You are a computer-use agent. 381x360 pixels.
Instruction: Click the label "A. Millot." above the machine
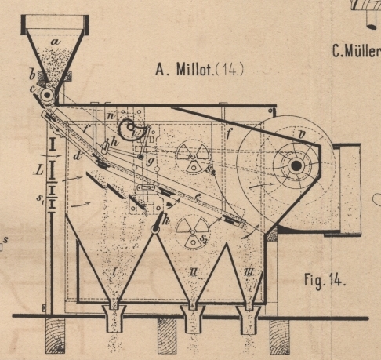coord(185,70)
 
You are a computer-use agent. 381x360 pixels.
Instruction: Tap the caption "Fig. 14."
coord(325,280)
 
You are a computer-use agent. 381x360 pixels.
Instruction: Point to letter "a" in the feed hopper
coord(56,42)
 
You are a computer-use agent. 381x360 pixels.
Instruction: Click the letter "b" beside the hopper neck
coord(32,75)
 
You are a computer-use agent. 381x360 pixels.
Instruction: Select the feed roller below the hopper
coord(47,95)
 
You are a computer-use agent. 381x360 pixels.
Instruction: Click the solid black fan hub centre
coord(296,165)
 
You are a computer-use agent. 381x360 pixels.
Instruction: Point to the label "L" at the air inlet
coord(40,170)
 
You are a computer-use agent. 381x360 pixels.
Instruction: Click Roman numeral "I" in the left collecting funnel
coord(114,272)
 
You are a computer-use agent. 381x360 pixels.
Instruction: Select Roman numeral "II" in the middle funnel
coord(193,273)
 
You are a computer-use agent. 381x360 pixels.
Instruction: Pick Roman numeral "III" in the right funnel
coord(249,273)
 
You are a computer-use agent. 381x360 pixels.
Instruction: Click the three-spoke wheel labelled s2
coord(193,157)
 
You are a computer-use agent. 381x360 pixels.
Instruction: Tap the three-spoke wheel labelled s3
coord(193,231)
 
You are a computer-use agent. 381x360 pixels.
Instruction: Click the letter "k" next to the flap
coord(165,221)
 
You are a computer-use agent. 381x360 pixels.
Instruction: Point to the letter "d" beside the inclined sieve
coord(77,156)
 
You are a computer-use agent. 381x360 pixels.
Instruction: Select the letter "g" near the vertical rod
coord(150,162)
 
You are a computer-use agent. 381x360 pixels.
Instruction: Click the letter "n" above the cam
coord(111,116)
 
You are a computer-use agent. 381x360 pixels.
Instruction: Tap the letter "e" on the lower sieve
coord(198,197)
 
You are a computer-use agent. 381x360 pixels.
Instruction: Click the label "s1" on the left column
coord(40,198)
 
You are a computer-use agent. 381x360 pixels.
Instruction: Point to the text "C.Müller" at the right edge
coord(357,51)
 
